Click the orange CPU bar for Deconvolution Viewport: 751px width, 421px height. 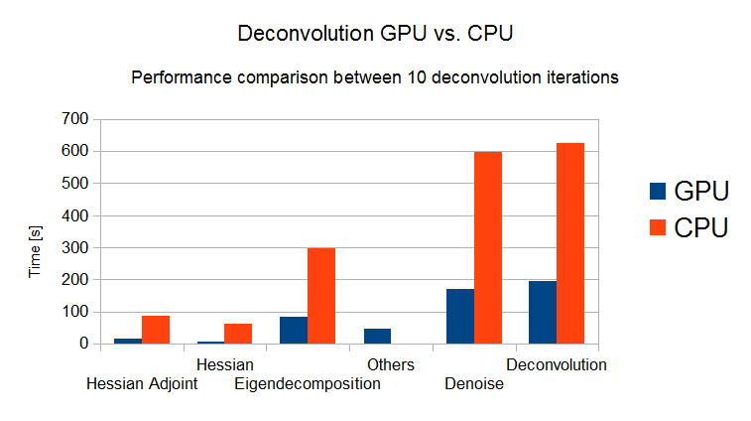570,243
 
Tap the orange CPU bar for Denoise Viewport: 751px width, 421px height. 488,247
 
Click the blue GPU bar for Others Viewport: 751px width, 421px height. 377,336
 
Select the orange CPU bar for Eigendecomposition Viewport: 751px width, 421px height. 321,295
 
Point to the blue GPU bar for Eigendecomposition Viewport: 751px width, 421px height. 294,330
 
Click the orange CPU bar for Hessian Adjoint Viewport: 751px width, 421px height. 156,330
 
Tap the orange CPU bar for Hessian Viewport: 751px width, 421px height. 238,334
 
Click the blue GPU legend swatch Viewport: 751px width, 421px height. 657,191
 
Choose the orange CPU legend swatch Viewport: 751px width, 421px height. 657,227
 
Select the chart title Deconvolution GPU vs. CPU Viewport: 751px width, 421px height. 375,34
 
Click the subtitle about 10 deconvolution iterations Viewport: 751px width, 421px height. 375,77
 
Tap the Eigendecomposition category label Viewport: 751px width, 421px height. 308,384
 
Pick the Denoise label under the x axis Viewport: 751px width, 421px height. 474,384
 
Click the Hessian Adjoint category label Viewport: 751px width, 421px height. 143,384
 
